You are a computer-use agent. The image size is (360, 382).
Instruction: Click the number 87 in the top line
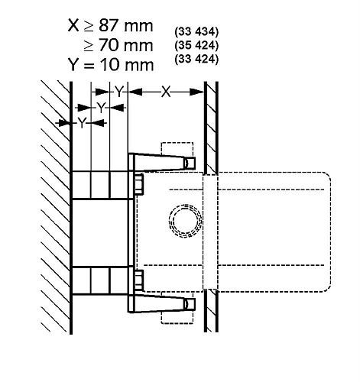109,26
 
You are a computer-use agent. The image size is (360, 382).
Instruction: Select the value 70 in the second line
109,45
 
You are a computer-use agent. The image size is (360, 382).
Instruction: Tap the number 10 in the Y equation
109,65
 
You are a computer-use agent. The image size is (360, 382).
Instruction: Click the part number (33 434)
196,31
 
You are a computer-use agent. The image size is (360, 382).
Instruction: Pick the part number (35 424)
196,45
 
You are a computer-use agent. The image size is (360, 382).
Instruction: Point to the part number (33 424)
196,59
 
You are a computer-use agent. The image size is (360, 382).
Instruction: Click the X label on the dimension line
166,92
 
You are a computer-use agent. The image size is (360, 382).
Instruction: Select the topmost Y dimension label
119,92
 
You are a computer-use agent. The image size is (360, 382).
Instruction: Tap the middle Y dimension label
101,108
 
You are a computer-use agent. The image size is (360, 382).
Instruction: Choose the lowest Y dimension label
82,123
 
